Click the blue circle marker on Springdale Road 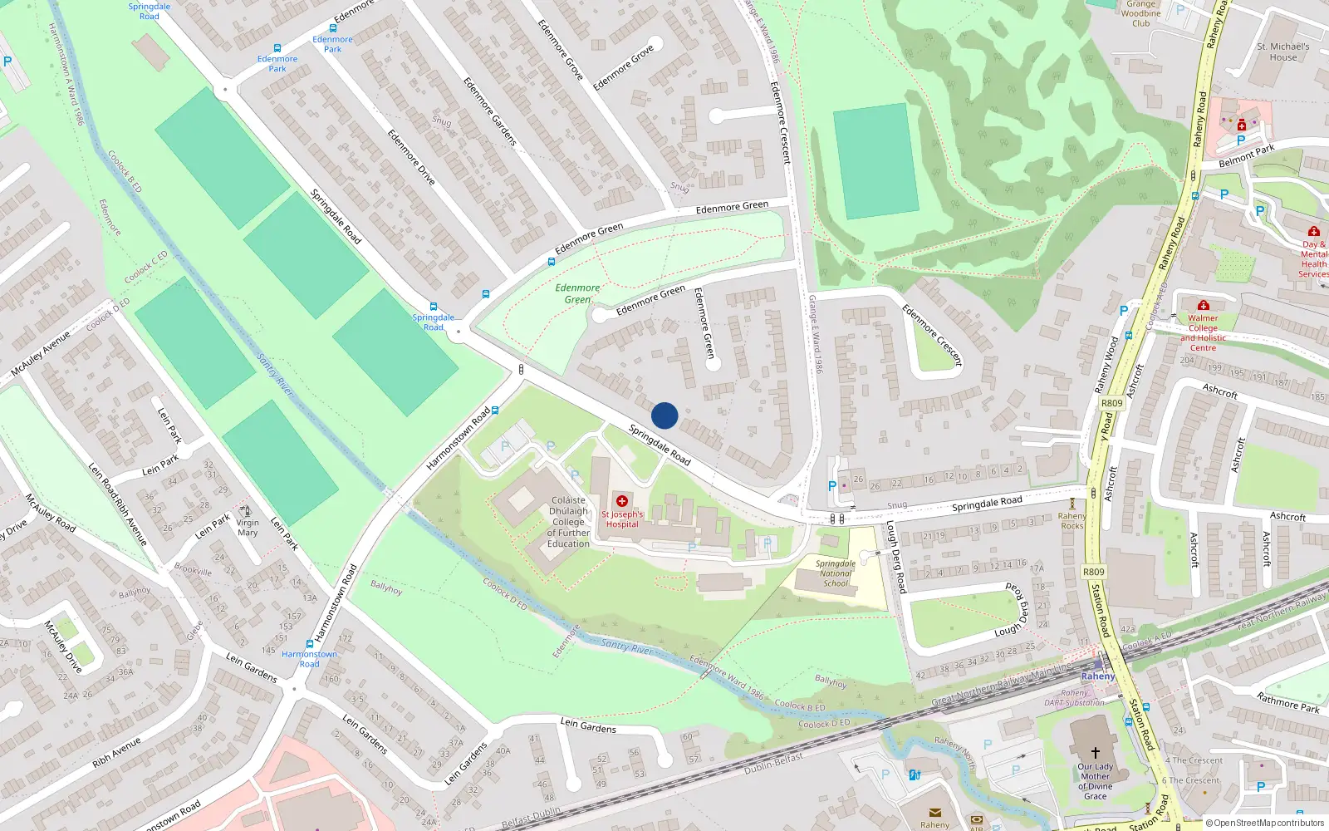(x=664, y=415)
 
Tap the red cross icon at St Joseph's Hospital (x=622, y=501)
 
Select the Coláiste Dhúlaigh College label (x=568, y=522)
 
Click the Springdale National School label (x=836, y=573)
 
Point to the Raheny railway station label (x=1098, y=676)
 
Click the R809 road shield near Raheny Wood (x=1111, y=403)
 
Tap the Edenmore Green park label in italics (x=577, y=293)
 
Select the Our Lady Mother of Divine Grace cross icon (x=1095, y=752)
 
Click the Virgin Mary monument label (x=248, y=528)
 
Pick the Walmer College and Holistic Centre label (x=1203, y=332)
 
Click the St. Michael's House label (x=1282, y=52)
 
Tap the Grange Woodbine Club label (x=1140, y=13)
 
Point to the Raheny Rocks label (x=1072, y=521)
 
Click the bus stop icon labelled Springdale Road (x=433, y=307)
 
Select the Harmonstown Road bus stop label (x=309, y=659)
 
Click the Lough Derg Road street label (x=895, y=557)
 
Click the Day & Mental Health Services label (x=1313, y=259)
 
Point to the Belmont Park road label (x=1246, y=155)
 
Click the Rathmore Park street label (x=1287, y=702)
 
